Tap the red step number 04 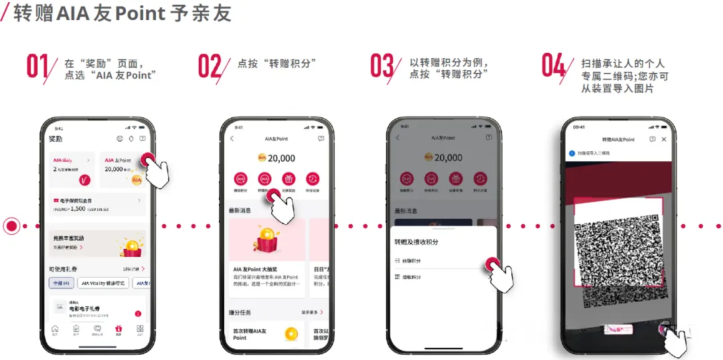[x=554, y=66]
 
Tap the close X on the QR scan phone [x=663, y=139]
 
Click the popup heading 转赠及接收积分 [x=416, y=241]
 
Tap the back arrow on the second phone [x=232, y=139]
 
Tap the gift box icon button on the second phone [x=289, y=179]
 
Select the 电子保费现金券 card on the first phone [x=98, y=205]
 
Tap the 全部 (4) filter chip [x=62, y=283]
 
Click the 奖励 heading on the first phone [x=56, y=139]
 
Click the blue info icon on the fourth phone [x=572, y=153]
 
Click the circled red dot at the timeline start [x=11, y=226]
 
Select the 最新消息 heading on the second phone [x=242, y=210]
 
